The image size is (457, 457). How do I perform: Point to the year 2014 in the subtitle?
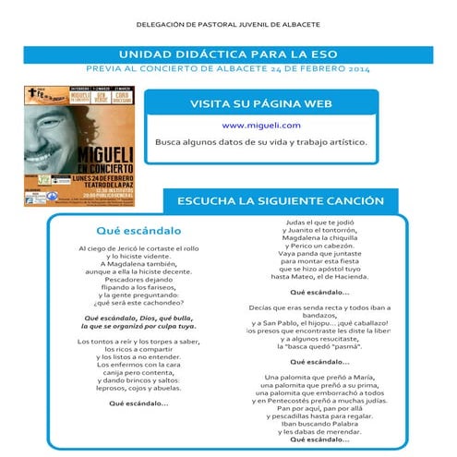click(358, 69)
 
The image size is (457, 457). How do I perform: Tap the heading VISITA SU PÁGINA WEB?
click(261, 103)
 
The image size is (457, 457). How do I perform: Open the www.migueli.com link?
click(261, 125)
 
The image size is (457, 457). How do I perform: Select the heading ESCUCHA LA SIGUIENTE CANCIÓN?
click(280, 199)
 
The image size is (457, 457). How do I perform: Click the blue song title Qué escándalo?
click(138, 230)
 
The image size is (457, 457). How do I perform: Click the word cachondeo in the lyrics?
click(160, 302)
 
